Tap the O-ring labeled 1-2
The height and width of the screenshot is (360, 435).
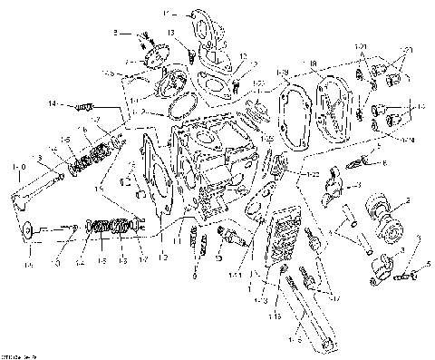tap(182, 107)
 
